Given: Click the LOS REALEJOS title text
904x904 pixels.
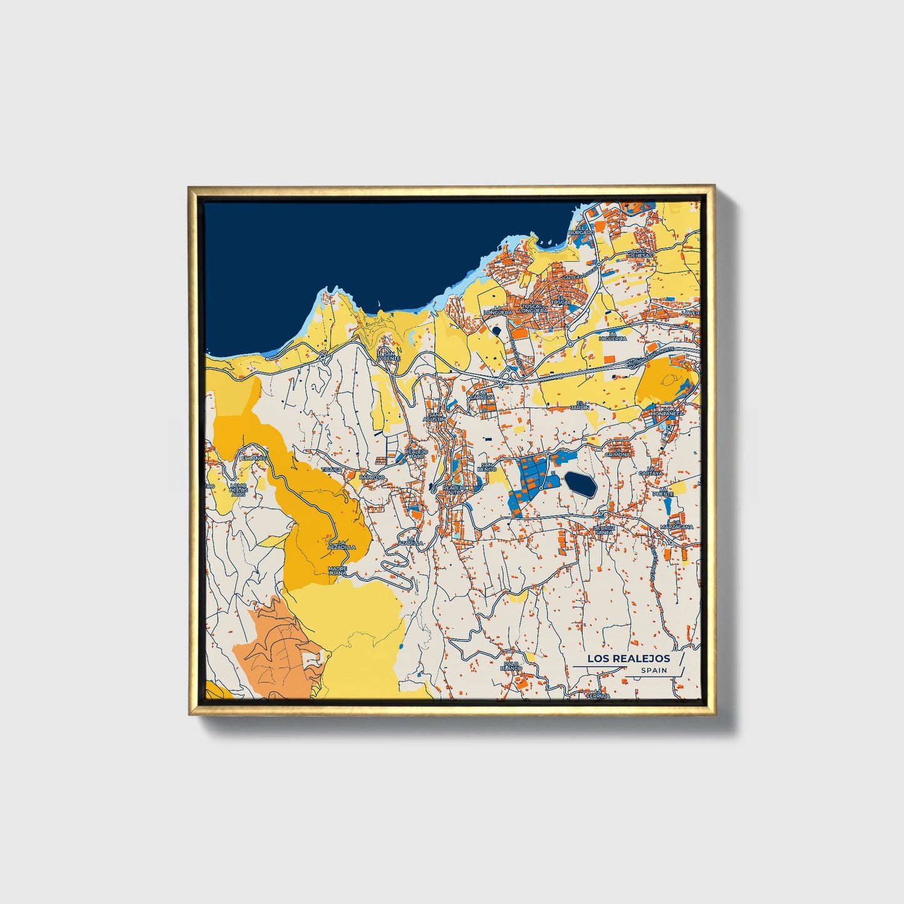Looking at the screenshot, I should click(x=628, y=659).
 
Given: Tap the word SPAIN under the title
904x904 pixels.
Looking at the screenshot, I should click(x=654, y=671).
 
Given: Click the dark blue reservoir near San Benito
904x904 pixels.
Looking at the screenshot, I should click(x=581, y=484).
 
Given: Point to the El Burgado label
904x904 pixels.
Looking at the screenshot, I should click(x=581, y=230).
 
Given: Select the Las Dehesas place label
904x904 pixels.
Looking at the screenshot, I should click(x=640, y=253).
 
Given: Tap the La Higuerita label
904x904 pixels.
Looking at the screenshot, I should click(x=612, y=336).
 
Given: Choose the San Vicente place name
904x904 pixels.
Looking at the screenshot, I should click(x=389, y=355).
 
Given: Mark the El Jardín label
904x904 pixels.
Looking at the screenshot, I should click(x=583, y=405).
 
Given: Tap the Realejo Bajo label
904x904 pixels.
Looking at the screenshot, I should click(x=416, y=453).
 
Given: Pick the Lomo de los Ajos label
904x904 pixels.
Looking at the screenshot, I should click(x=238, y=490).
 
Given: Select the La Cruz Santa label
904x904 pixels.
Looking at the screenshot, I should click(x=604, y=530).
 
